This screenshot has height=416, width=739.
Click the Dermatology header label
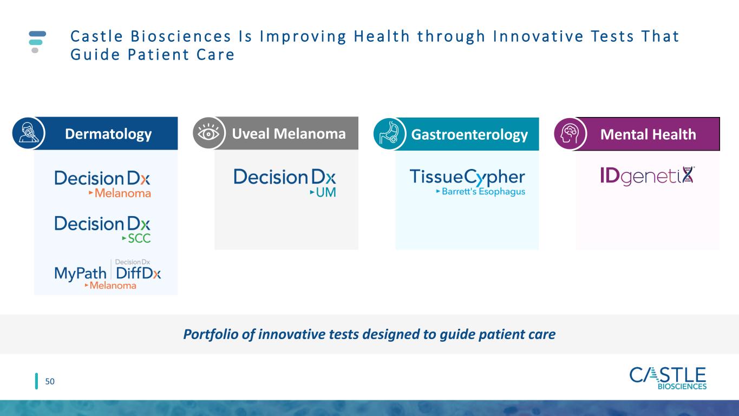[x=108, y=134]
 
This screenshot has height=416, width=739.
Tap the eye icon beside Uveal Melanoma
[x=208, y=133]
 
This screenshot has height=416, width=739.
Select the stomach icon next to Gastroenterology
[x=389, y=134]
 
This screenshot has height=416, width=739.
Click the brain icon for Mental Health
[x=570, y=134]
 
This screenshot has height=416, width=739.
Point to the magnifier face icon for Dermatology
[x=28, y=133]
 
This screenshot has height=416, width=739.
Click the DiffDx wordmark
[x=138, y=273]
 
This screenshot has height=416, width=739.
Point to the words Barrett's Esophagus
[x=483, y=192]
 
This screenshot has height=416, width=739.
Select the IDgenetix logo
[x=648, y=176]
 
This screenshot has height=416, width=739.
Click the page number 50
[x=50, y=381]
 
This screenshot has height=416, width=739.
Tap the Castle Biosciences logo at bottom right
[x=668, y=379]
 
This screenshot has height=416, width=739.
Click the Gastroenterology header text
[x=469, y=135]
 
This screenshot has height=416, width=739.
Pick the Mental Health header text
[x=648, y=134]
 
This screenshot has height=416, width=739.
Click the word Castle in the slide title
[x=97, y=36]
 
